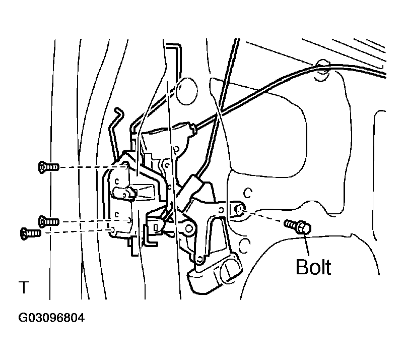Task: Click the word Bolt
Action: point(313,267)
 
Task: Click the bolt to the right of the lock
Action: point(298,226)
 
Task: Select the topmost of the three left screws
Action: point(48,167)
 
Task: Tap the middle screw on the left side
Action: point(48,222)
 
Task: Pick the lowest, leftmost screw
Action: point(31,233)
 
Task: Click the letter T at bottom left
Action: point(24,287)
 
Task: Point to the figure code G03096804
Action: point(51,318)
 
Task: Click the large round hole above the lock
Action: point(186,91)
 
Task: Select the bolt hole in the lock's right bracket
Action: point(239,209)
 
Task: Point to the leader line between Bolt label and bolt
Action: point(307,245)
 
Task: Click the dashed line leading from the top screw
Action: point(93,167)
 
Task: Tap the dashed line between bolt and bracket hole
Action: point(263,217)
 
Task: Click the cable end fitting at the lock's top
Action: point(191,128)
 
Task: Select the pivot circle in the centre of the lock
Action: point(189,228)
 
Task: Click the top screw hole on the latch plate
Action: point(125,165)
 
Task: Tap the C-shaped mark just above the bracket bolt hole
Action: point(248,193)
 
